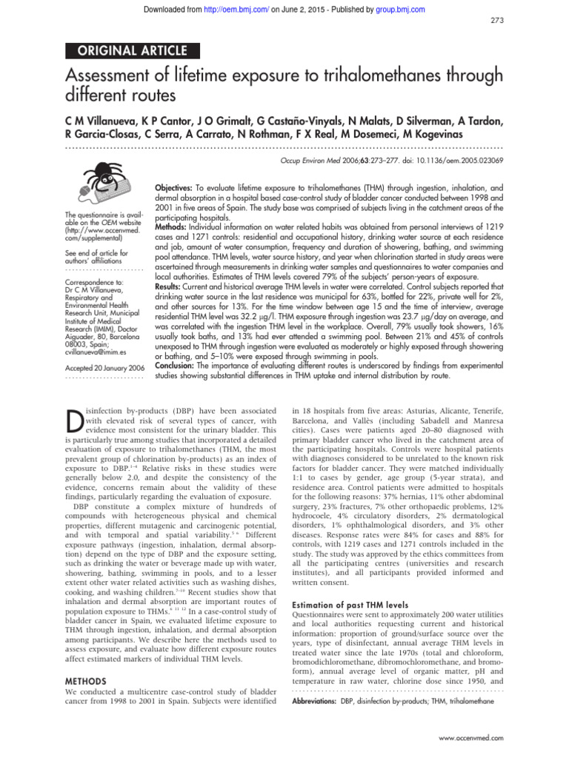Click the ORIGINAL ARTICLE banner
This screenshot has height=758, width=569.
[134, 51]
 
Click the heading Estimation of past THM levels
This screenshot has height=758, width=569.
[347, 603]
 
